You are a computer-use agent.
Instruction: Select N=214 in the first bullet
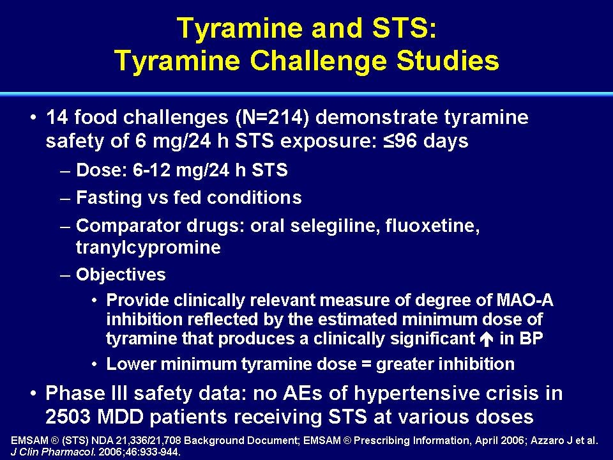273,118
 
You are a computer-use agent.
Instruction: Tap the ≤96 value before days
401,141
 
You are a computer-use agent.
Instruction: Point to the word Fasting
109,197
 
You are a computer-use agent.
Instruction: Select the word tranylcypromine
148,248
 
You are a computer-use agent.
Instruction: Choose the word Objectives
121,275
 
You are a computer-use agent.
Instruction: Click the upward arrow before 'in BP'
486,339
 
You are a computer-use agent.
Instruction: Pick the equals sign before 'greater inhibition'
366,365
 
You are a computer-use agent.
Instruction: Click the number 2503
68,417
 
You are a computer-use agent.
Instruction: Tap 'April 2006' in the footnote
499,441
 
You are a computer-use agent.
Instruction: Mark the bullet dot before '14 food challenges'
34,118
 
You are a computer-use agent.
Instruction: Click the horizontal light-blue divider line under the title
306,94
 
